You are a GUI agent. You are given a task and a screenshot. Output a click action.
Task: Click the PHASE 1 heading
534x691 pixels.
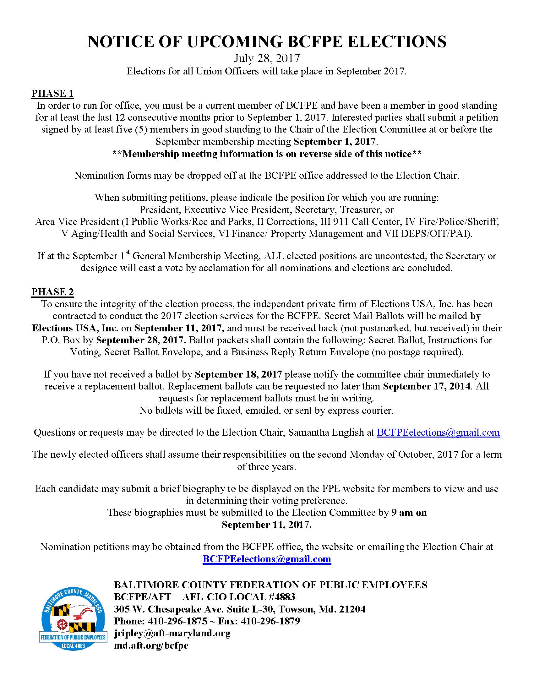tap(52, 93)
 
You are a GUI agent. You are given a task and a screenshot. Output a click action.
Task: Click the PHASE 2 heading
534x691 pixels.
tap(52, 292)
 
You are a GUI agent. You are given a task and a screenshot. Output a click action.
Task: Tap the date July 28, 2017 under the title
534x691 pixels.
tap(267, 58)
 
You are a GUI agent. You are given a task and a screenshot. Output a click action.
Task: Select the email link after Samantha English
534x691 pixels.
tap(438, 433)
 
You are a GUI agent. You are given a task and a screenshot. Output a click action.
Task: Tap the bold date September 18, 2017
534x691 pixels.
tap(238, 374)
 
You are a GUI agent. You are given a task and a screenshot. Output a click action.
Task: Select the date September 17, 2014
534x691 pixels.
tap(427, 386)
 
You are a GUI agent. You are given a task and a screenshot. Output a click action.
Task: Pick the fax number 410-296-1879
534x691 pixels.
tap(270, 621)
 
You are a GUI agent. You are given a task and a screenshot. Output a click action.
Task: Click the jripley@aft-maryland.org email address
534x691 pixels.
tap(172, 633)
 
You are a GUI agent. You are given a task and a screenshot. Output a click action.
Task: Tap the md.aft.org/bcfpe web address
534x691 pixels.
tap(151, 645)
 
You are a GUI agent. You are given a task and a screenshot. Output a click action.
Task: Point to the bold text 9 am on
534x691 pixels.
tap(409, 513)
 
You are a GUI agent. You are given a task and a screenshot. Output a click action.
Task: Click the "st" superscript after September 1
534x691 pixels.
tap(128, 252)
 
